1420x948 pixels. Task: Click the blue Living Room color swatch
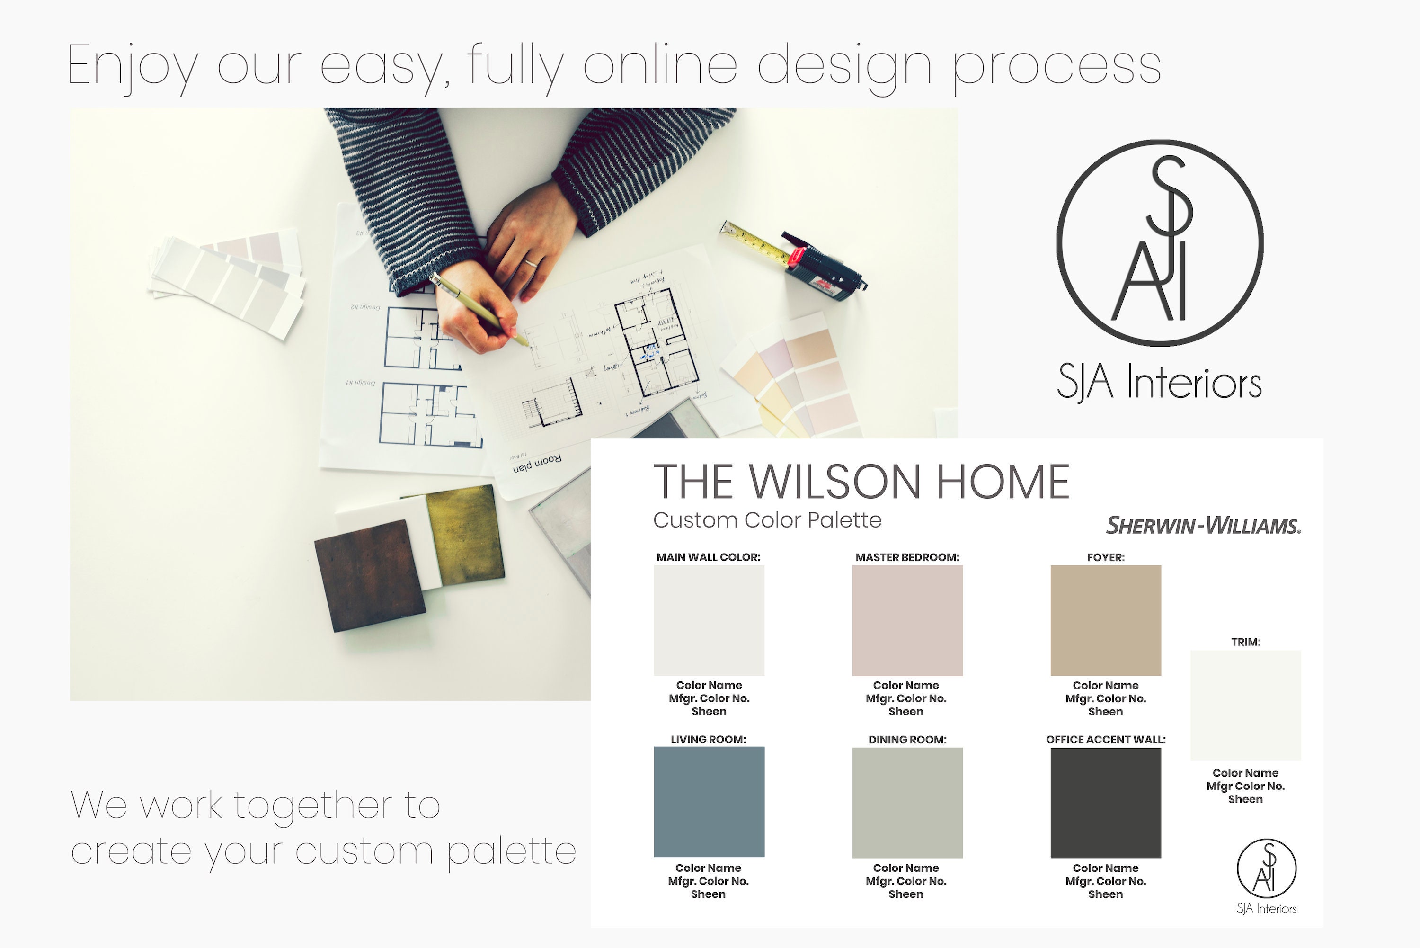[x=709, y=802]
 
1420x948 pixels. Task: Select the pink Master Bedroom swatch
[x=907, y=620]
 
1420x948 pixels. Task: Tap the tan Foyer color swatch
[x=1105, y=620]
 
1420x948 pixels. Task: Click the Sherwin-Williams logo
[x=1202, y=526]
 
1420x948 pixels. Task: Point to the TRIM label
[x=1245, y=642]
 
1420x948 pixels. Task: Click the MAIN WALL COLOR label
[x=708, y=557]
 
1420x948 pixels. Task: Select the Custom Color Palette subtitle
[x=767, y=520]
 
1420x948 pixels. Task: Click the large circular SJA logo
[x=1159, y=243]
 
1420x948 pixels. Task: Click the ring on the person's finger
[x=530, y=262]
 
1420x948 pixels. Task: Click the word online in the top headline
[x=660, y=65]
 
